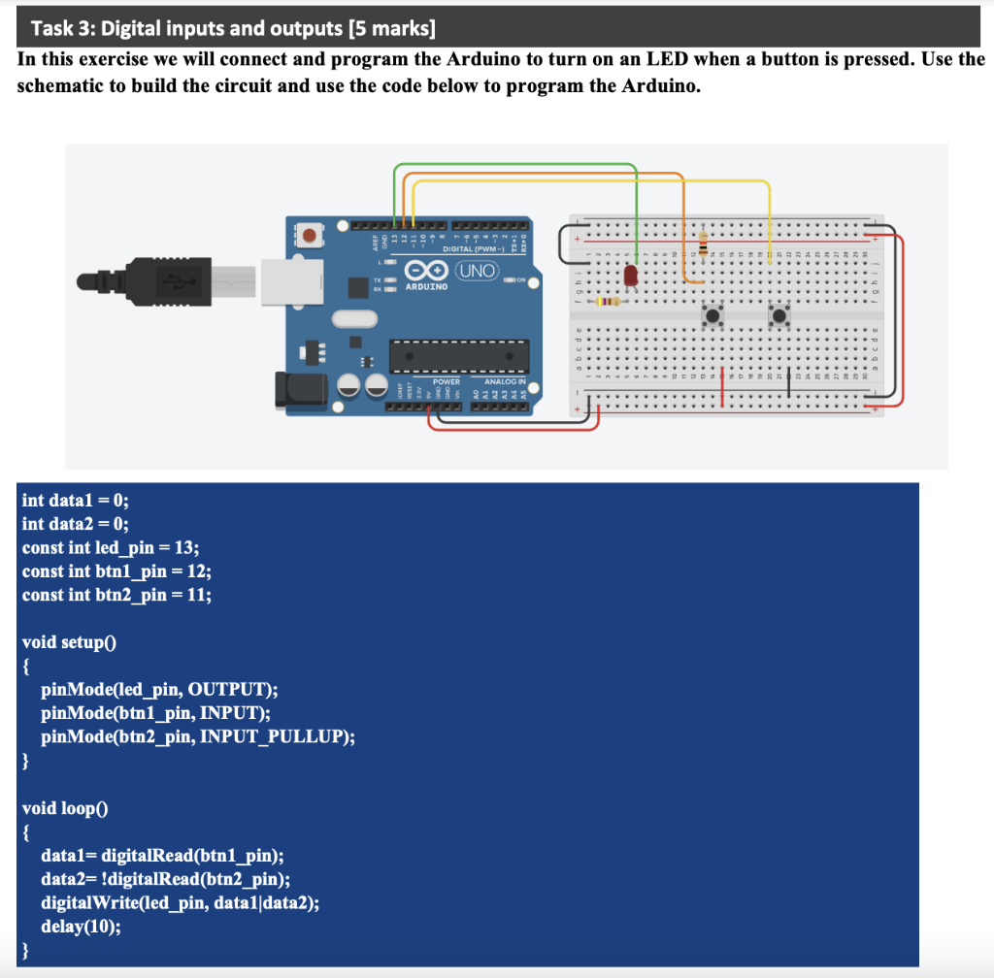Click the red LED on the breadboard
pos(632,277)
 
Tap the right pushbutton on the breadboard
pos(779,315)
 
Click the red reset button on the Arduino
pos(312,235)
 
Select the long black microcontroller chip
pos(459,355)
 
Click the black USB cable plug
pos(170,279)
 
